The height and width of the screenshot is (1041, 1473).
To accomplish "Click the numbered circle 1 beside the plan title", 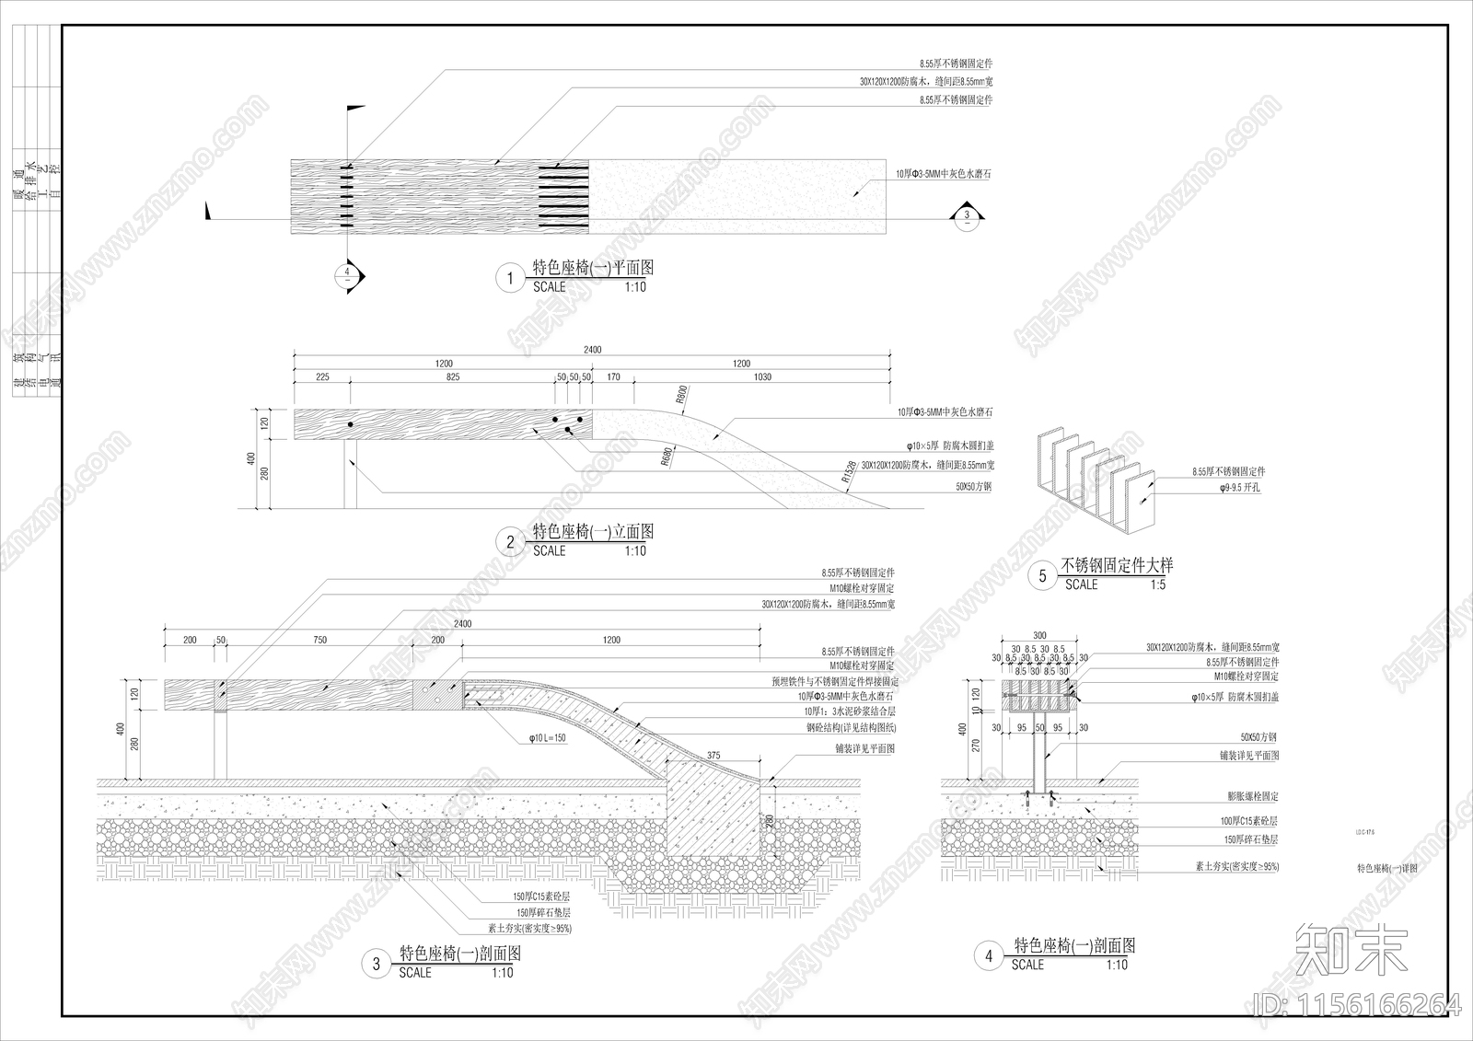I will click(509, 278).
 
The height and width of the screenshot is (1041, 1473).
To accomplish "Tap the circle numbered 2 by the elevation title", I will click(510, 542).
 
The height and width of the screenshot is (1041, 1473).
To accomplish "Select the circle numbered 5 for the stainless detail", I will click(1042, 576).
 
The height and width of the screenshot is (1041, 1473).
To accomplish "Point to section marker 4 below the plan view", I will click(347, 273).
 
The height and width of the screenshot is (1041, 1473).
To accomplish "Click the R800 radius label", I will click(681, 395).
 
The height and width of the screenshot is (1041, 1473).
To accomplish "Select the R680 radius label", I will click(666, 457).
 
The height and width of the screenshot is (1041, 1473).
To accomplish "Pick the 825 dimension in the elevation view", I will click(453, 376).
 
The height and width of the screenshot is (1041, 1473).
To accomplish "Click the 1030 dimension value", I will click(761, 376).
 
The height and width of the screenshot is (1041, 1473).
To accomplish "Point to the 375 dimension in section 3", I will click(713, 757).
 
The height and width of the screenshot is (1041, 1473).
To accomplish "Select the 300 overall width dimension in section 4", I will click(1039, 636).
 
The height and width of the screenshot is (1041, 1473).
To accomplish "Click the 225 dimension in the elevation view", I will click(322, 376).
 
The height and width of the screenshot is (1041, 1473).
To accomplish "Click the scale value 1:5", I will click(1156, 584).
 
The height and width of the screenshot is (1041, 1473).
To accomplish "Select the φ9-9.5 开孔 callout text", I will click(1238, 488).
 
